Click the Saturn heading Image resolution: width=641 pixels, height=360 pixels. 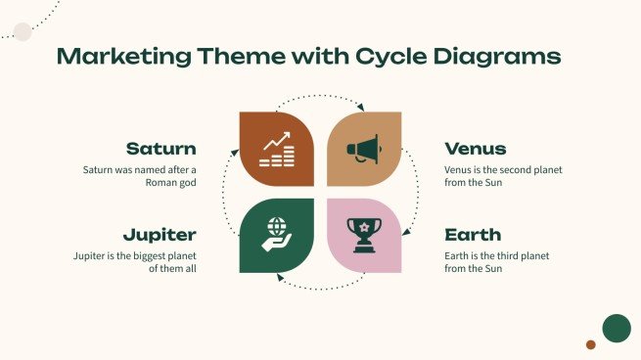(x=161, y=149)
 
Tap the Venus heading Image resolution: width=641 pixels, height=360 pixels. (x=475, y=149)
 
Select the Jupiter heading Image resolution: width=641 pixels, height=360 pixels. (x=160, y=235)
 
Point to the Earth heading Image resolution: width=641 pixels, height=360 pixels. (x=473, y=235)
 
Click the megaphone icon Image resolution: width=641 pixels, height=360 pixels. (x=363, y=149)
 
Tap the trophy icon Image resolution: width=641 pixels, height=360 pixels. (x=363, y=235)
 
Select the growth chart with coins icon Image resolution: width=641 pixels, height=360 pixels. (x=277, y=149)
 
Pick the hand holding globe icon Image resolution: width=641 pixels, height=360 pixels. (x=277, y=235)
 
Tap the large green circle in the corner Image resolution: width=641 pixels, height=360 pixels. (x=616, y=329)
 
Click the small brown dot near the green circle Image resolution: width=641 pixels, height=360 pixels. (x=591, y=344)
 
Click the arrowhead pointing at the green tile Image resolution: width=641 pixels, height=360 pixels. (x=279, y=279)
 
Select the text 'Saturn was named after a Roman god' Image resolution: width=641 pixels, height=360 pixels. (x=140, y=175)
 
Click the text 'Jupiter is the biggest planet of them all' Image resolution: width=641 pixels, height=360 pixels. (x=135, y=261)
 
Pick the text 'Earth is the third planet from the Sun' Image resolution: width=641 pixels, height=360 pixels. (x=497, y=261)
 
